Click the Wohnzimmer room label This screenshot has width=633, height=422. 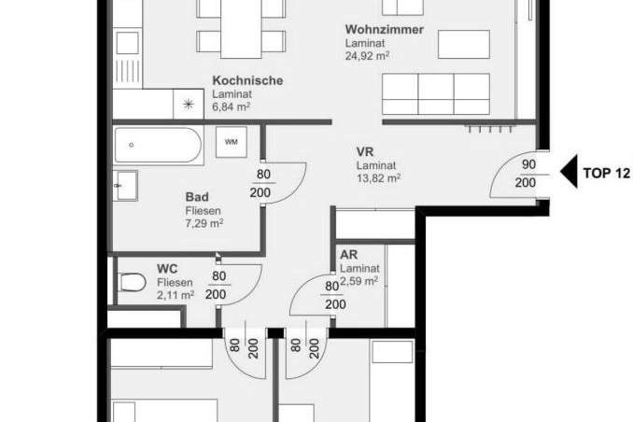[385, 30]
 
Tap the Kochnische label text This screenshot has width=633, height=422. [247, 81]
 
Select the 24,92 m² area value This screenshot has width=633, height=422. [367, 56]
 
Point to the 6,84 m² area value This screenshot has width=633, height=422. [233, 107]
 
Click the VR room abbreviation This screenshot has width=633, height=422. [364, 151]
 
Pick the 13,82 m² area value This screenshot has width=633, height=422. [378, 177]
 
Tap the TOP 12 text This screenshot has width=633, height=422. [606, 172]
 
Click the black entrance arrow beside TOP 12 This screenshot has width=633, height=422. [568, 172]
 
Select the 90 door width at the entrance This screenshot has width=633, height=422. [527, 164]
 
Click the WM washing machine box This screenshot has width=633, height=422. [230, 143]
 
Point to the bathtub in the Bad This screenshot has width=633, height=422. [157, 146]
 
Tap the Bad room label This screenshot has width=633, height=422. [196, 197]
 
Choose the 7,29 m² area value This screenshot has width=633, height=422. [204, 223]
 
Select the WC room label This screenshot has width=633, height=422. [167, 268]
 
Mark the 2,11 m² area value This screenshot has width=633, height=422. [176, 295]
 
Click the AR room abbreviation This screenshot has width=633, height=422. [349, 253]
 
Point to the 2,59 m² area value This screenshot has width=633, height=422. [359, 280]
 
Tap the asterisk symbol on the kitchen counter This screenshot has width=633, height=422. [189, 105]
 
